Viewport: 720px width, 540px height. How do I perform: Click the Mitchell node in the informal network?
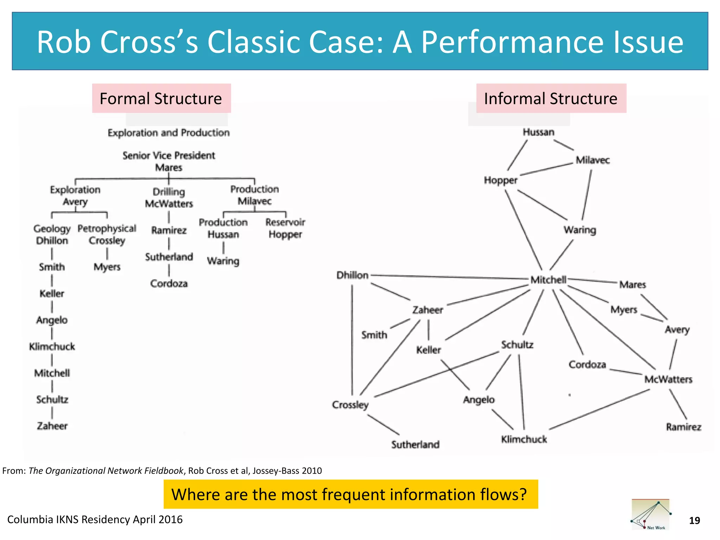point(548,280)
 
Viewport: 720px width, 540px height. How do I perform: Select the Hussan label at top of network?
point(538,132)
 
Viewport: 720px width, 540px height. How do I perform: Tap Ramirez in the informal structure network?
point(683,427)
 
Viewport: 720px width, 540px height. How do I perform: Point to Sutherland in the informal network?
point(415,444)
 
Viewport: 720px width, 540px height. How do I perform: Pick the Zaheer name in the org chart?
point(52,426)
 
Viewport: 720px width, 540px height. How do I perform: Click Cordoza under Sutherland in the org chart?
point(169,283)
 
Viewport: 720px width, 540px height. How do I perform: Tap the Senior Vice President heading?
point(169,155)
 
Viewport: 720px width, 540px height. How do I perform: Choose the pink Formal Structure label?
point(161,98)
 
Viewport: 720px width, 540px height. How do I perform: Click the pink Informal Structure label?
point(551,98)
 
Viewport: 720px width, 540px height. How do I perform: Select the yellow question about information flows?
point(350,494)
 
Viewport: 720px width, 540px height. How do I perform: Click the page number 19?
point(694,520)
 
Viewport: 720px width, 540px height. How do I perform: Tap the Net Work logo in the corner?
point(651,514)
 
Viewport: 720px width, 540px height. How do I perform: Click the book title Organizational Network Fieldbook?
point(106,470)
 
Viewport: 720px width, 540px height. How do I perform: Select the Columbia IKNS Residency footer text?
point(95,519)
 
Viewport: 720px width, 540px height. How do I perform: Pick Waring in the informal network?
point(580,230)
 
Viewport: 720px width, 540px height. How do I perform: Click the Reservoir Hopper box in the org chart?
point(285,228)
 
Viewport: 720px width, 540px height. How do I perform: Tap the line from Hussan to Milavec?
point(564,145)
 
